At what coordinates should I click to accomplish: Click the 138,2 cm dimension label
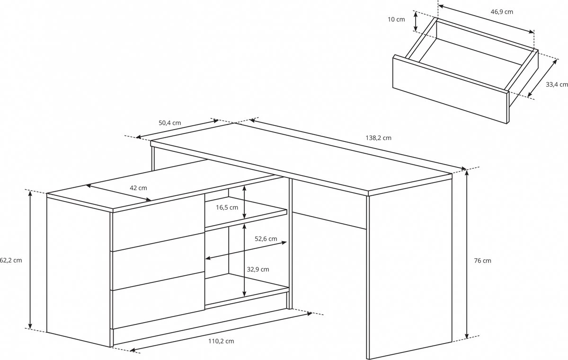[378, 138]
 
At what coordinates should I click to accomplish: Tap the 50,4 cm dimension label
[170, 123]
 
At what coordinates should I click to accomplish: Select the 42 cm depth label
[138, 188]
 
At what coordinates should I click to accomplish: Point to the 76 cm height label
[482, 261]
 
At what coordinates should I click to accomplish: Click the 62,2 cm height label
[11, 260]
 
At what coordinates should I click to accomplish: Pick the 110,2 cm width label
[221, 341]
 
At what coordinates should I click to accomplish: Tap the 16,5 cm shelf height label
[227, 208]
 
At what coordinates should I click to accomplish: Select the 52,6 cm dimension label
[266, 238]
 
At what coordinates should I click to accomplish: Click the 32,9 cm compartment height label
[258, 269]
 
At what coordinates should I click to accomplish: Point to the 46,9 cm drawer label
[502, 12]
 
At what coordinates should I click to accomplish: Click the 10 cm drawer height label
[396, 19]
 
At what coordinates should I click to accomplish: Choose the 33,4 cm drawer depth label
[557, 84]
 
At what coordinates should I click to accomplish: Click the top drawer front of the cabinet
[159, 222]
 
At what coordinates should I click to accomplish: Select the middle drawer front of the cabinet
[159, 261]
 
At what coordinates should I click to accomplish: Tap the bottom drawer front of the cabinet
[159, 300]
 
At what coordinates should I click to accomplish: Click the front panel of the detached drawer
[451, 89]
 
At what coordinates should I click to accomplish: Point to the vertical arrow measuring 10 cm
[416, 22]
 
